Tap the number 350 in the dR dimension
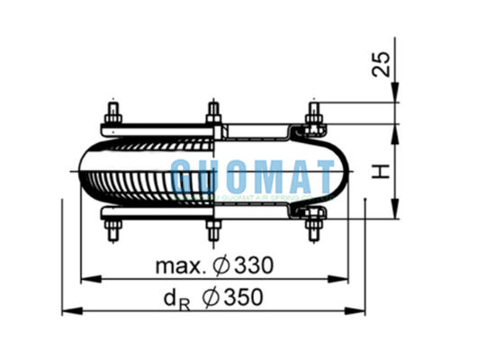point(249,298)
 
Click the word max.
point(180,265)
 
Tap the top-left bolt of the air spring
point(114,115)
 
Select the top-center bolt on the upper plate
point(214,115)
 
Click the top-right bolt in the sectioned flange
point(313,115)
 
